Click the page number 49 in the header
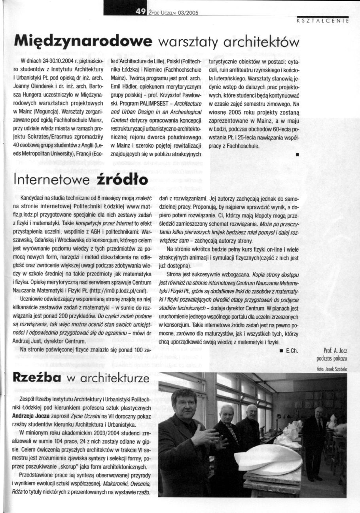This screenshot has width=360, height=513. click(x=141, y=11)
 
